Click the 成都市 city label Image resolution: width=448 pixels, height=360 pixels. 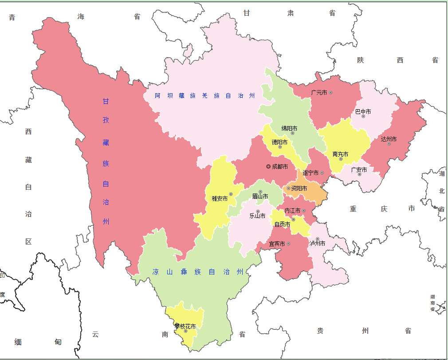pos(280,167)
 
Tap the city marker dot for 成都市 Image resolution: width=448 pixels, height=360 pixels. pos(268,166)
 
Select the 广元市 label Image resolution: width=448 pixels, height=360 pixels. pos(319,92)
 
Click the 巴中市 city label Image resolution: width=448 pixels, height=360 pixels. pos(363,111)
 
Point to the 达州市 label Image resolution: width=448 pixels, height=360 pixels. pos(389,139)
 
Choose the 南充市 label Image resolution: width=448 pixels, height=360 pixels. pos(340,154)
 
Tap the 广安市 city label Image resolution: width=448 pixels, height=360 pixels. pos(359,170)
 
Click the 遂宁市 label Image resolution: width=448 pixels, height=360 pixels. pos(310,173)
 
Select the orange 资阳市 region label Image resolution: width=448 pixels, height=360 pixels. pos(299,188)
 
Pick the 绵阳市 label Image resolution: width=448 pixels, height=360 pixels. pos(289,128)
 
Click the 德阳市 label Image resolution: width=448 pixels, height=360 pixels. pos(279,142)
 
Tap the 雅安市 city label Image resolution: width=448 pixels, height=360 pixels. pos(220,198)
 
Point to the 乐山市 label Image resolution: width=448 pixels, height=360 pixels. pos(257,216)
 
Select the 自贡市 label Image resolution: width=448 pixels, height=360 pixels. pos(282,224)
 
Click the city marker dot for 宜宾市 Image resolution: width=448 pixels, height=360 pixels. pos(288,244)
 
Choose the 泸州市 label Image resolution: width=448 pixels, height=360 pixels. pos(317,243)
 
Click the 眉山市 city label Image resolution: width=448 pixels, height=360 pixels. pos(260,196)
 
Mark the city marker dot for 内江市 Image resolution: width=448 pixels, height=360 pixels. pos(304,210)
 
